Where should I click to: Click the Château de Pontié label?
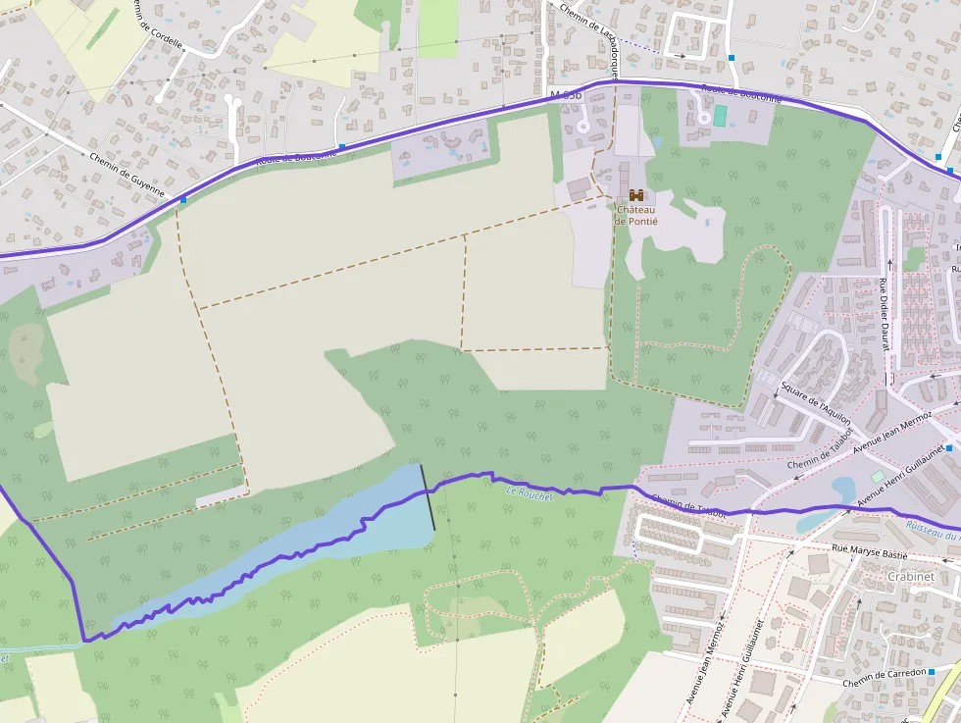pos(636,214)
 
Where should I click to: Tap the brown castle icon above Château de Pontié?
pos(636,194)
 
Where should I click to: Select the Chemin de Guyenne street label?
pos(126,175)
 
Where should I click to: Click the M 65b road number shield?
pos(566,95)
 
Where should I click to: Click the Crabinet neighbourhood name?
pos(909,577)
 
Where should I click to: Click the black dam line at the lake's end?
pos(429,497)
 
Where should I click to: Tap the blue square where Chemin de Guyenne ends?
pos(183,199)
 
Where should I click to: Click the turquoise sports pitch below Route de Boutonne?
pos(721,116)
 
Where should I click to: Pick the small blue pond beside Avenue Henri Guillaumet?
pos(843,488)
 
